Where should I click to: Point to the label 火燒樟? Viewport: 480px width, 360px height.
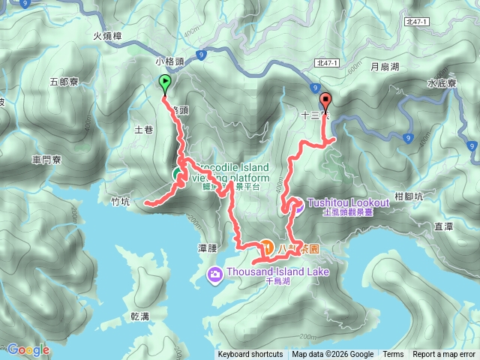[x=108, y=35]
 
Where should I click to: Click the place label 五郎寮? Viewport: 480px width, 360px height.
[x=64, y=81]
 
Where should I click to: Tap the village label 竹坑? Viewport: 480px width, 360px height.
[x=120, y=200]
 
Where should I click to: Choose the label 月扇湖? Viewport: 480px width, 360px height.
[x=385, y=67]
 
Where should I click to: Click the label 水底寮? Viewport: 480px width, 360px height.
[x=442, y=84]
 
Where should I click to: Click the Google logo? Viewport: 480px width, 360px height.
[x=28, y=349]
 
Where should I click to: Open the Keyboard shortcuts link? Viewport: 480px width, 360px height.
[x=250, y=355]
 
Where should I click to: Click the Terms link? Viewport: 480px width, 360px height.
[x=393, y=355]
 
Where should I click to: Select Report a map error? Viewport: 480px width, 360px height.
[x=444, y=355]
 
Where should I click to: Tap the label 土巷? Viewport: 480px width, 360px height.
[x=143, y=130]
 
